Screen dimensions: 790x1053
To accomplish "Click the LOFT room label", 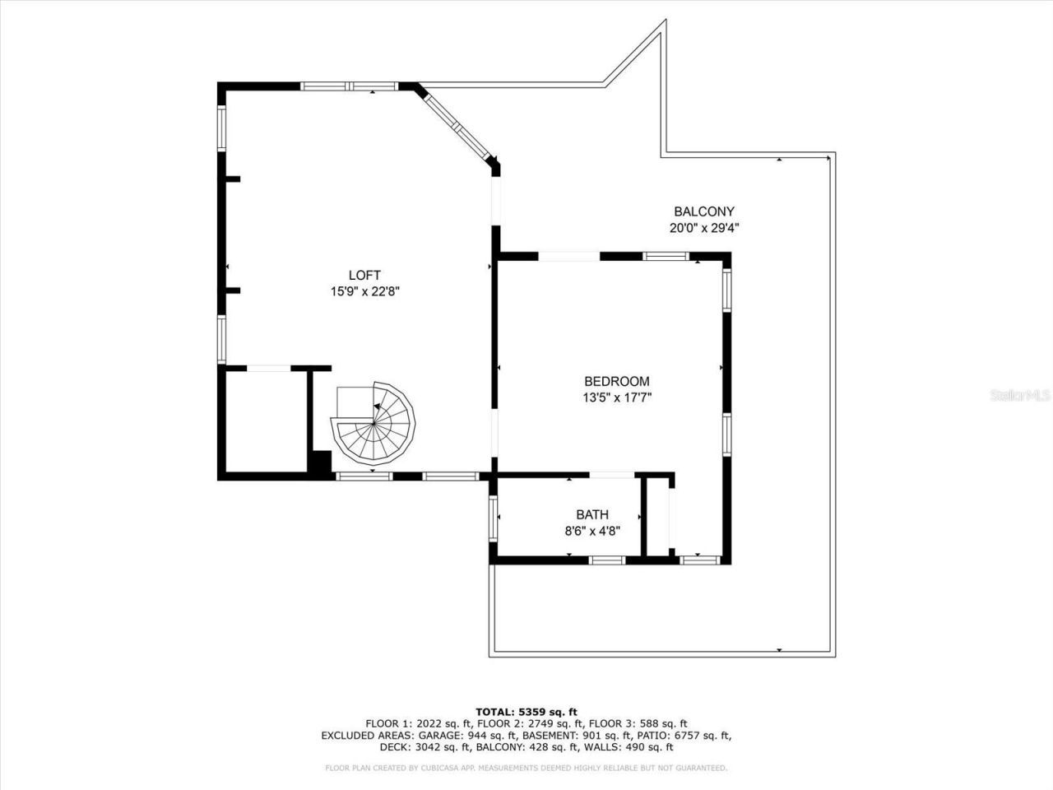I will pos(364,276).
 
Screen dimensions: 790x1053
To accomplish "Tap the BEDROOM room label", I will pos(616,381).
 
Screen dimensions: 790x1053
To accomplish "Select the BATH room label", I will pos(591,515).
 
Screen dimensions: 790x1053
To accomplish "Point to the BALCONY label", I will pos(703,211).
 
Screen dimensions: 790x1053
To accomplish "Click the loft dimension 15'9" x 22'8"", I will pos(364,291).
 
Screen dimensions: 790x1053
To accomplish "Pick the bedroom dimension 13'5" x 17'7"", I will pos(616,397).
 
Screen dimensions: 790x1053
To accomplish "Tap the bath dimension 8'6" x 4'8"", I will pos(591,531).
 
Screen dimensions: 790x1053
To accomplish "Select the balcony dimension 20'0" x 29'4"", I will pos(703,228).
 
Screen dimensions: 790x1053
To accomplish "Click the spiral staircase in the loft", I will pos(373,425).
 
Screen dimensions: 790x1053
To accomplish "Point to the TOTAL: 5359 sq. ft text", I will pos(526,712).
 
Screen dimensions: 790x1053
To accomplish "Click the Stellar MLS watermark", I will pos(1020,395).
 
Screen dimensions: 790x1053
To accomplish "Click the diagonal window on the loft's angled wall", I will pos(457,125).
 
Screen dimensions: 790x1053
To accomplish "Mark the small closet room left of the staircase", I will pos(263,421).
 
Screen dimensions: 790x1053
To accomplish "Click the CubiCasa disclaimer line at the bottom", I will pos(526,768).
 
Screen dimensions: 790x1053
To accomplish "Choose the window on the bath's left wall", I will pos(494,518).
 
